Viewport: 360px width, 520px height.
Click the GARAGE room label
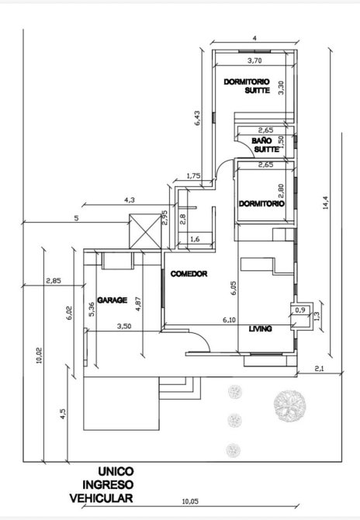click(x=112, y=300)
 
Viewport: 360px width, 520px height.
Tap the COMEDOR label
click(x=189, y=274)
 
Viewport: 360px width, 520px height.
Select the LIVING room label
click(x=260, y=328)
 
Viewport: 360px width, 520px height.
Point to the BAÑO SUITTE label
click(x=265, y=145)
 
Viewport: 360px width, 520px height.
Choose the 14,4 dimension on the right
click(x=326, y=203)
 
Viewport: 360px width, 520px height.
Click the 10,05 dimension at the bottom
click(x=190, y=511)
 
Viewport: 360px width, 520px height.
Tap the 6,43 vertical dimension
click(x=197, y=118)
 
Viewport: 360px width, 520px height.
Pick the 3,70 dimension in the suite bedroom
click(x=255, y=61)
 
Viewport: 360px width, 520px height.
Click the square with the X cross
click(x=145, y=231)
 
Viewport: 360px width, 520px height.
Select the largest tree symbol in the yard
click(x=289, y=406)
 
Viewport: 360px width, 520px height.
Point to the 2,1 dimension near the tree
click(x=319, y=368)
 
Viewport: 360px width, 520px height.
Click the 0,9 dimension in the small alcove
click(x=300, y=310)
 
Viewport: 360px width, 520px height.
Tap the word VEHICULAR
click(x=102, y=497)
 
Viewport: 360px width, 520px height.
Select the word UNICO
click(x=116, y=471)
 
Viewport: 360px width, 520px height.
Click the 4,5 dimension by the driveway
click(x=63, y=414)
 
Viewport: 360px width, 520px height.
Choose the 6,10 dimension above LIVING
click(x=229, y=320)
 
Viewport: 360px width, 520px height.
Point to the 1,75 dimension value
click(x=194, y=175)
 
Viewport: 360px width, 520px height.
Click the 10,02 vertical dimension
click(x=39, y=355)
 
